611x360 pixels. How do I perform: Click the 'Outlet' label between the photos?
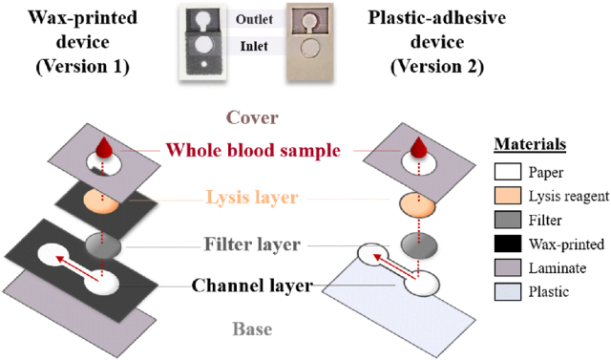tap(254, 19)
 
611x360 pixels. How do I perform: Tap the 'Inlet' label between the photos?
tap(254, 46)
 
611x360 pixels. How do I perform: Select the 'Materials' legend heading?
tap(531, 144)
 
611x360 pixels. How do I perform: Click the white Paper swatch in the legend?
tap(508, 172)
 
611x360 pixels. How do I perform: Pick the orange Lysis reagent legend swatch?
tap(508, 196)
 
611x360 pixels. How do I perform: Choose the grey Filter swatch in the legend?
tap(508, 220)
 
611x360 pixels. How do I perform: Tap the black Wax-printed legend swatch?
tap(508, 244)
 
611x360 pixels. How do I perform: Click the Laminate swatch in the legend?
tap(508, 267)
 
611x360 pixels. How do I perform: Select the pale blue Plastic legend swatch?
tap(508, 292)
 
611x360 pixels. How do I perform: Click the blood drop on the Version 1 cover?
tap(104, 147)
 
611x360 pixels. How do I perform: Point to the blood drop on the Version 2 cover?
tap(419, 147)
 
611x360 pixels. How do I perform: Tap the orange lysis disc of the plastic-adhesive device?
tap(419, 204)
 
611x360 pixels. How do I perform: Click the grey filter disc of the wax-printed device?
tap(103, 245)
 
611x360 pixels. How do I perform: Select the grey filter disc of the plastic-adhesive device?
tap(419, 245)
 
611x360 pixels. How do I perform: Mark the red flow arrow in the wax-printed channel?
tap(77, 268)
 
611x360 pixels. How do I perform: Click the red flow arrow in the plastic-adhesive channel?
tap(395, 266)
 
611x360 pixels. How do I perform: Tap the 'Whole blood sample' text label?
tap(253, 150)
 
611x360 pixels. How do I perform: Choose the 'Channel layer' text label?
tap(252, 286)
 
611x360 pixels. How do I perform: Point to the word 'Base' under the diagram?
tap(252, 329)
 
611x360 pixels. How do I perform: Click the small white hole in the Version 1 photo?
tap(202, 63)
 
